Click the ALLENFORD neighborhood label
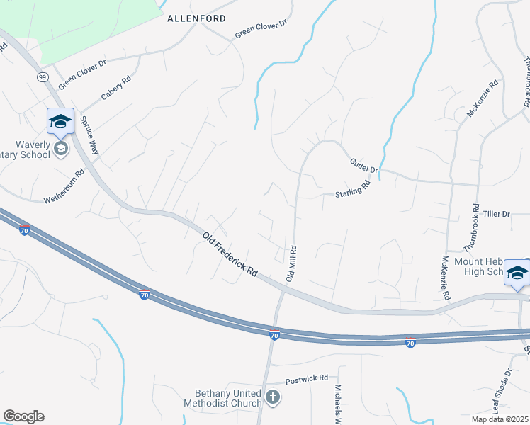196,19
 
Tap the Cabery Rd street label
116,89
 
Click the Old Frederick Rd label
230,255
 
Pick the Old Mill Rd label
291,263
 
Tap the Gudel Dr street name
364,166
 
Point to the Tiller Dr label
496,214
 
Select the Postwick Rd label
307,380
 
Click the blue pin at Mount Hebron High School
517,273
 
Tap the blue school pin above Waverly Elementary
61,120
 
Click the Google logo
23,416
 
